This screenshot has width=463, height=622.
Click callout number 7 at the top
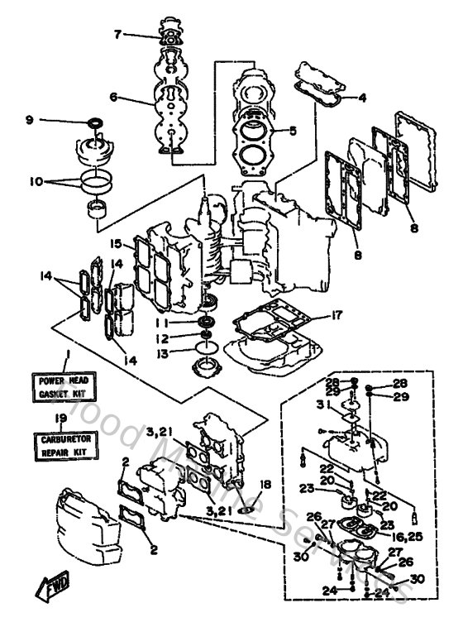pos(117,34)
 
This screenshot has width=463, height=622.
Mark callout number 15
pos(116,243)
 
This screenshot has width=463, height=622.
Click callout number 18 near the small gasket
pos(265,484)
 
